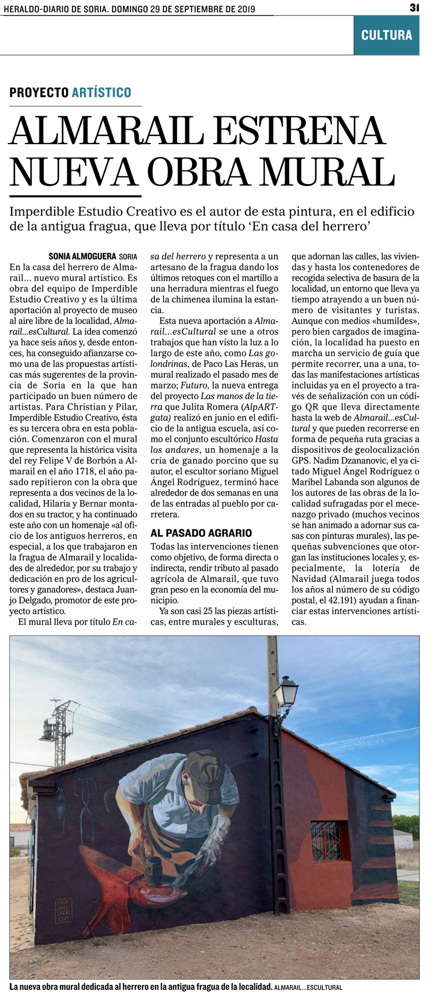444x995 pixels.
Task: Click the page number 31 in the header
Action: pos(414,8)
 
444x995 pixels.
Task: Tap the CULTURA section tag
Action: pos(386,35)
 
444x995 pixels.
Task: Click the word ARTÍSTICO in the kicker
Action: pos(102,93)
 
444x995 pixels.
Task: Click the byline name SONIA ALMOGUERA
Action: pos(82,257)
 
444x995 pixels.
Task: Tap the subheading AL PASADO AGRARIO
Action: pos(201,533)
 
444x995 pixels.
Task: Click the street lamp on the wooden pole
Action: pos(289,691)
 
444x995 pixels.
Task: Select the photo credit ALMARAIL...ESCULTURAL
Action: pos(308,987)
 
